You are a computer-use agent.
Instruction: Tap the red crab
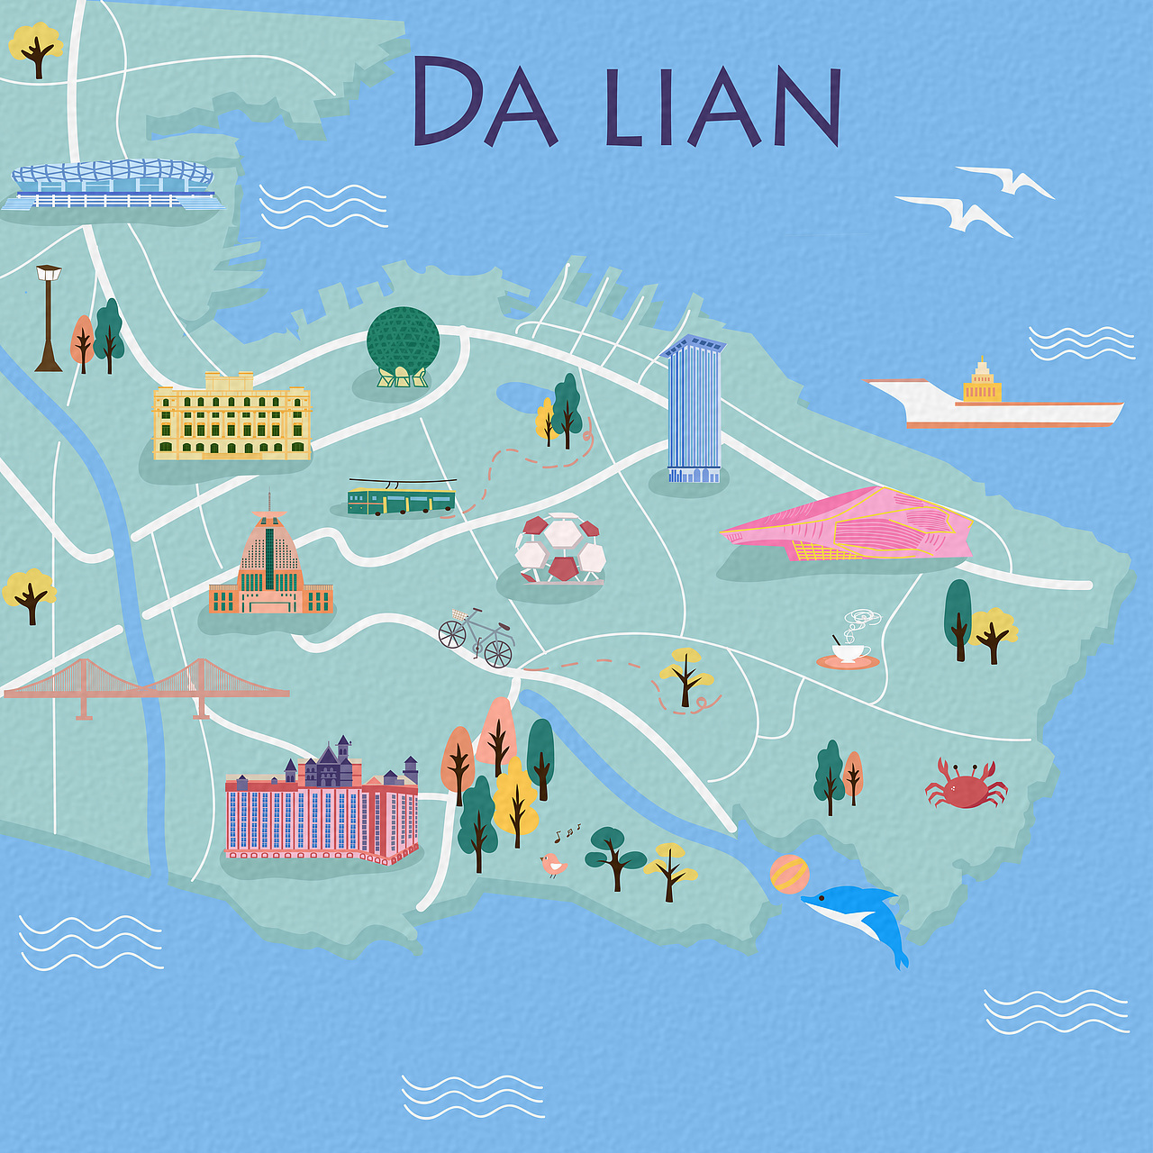tap(966, 785)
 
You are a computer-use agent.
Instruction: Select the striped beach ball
tap(789, 874)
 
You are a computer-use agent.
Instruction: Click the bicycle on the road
tap(476, 636)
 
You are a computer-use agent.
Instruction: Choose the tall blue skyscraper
tap(694, 410)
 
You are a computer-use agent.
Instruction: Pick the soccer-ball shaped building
tap(560, 548)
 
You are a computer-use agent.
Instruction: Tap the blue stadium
tap(113, 185)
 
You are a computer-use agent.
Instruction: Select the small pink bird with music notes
tap(552, 865)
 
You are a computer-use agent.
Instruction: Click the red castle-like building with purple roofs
tap(322, 806)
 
